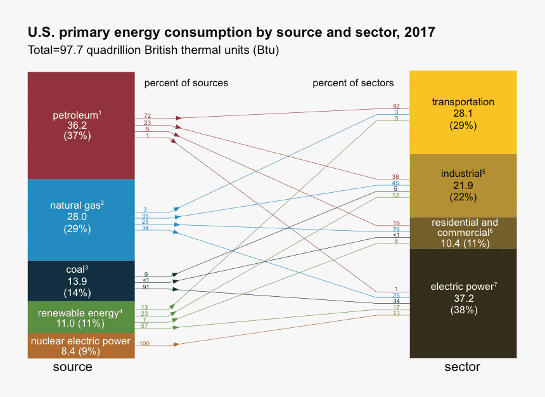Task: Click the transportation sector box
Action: (463, 112)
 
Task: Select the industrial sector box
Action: (463, 185)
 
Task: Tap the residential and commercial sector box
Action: (463, 233)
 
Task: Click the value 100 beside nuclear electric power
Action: (144, 343)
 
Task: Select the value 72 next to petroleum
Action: (147, 116)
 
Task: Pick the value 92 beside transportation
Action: (396, 106)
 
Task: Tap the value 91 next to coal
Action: (146, 287)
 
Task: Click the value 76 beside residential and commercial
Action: (396, 229)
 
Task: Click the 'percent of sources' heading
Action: (186, 83)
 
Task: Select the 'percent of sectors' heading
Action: (353, 83)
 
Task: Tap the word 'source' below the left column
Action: (72, 367)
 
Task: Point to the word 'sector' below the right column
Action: (462, 367)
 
